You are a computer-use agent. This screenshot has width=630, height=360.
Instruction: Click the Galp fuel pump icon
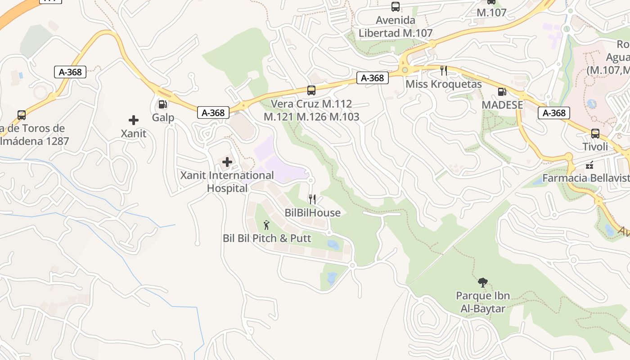pos(162,104)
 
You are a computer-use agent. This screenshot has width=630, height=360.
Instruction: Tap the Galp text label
pos(163,118)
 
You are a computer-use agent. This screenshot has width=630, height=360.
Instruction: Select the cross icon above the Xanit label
pos(134,120)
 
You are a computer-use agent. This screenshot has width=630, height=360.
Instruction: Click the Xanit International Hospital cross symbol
pos(227,162)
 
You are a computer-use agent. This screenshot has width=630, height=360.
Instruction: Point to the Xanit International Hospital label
pos(227,182)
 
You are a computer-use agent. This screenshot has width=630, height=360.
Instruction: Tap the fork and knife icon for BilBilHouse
pos(312,199)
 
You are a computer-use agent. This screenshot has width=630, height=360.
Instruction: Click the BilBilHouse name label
pos(313,213)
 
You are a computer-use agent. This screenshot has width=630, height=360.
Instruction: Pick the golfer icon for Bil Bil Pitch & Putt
pos(266,225)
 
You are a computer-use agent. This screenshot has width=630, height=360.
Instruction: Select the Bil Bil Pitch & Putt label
pos(267,238)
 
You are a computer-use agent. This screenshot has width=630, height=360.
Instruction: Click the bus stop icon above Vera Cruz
pos(311,90)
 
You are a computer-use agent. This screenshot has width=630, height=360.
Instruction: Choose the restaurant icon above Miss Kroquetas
pos(444,71)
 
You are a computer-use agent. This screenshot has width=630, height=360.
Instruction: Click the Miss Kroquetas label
pos(444,84)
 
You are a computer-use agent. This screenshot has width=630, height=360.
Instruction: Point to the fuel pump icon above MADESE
pos(502,92)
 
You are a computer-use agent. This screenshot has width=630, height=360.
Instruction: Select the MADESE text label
pos(502,105)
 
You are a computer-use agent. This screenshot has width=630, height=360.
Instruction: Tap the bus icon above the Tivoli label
pos(595,134)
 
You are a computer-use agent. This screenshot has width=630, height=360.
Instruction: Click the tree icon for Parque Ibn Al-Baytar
pos(483,283)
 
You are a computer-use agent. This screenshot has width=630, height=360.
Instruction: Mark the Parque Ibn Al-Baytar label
pos(483,302)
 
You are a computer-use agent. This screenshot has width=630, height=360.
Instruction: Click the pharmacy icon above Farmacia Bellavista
pos(589,165)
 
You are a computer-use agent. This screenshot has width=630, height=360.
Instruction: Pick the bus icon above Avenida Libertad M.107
pos(396,7)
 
